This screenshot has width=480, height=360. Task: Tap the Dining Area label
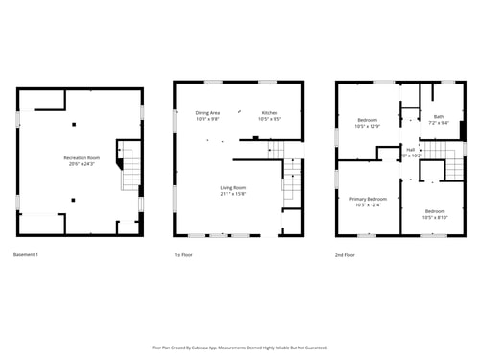(x=208, y=113)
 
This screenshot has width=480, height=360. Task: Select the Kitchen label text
(x=270, y=113)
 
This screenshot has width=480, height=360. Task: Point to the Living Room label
(x=233, y=187)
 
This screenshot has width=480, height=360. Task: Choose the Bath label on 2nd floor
(x=438, y=116)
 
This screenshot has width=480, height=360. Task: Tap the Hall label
(x=411, y=149)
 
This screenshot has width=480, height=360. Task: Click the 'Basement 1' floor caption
(x=28, y=255)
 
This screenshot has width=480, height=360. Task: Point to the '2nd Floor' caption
(x=346, y=255)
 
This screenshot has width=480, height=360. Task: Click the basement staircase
(x=128, y=168)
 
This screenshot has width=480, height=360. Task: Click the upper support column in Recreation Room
(x=74, y=123)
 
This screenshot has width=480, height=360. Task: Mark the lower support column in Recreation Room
(x=74, y=200)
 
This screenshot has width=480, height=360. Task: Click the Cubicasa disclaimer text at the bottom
(x=239, y=348)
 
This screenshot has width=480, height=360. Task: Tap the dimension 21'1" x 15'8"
(x=233, y=194)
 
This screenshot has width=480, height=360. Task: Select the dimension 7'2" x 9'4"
(x=438, y=123)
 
